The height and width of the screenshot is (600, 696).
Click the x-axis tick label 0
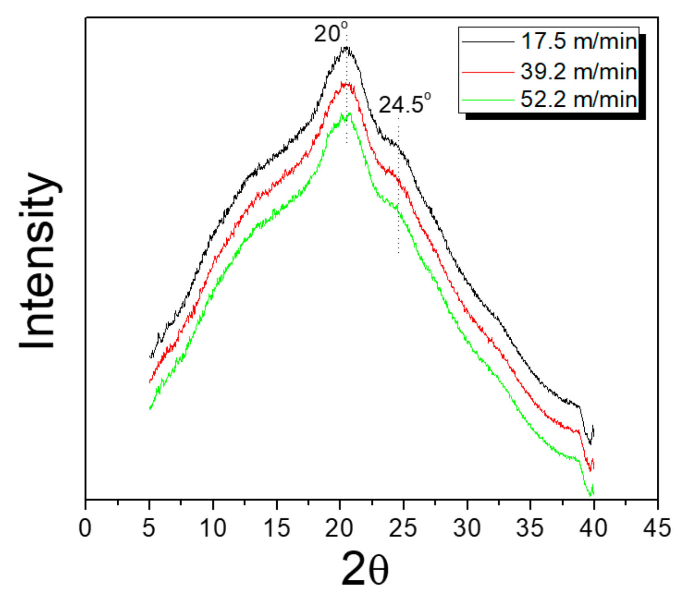(85, 527)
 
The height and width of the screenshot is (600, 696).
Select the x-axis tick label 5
(149, 527)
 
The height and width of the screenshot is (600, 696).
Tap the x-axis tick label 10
(213, 527)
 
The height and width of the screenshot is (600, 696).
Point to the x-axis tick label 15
(276, 527)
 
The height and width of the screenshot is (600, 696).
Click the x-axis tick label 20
(339, 527)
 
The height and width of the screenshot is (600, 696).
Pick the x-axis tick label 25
(403, 527)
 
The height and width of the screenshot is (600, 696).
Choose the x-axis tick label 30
(467, 527)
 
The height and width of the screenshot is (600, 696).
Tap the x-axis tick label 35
(530, 527)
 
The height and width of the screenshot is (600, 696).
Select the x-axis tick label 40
(594, 527)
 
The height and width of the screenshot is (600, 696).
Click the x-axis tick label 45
(657, 527)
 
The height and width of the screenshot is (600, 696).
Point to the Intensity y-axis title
(38, 260)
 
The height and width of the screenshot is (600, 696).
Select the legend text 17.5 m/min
(579, 41)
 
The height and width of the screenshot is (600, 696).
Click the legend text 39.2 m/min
(579, 71)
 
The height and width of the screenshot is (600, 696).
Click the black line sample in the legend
(488, 42)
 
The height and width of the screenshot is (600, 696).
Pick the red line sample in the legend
(488, 72)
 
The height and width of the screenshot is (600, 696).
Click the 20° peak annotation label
(330, 33)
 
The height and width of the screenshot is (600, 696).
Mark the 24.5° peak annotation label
(404, 105)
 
